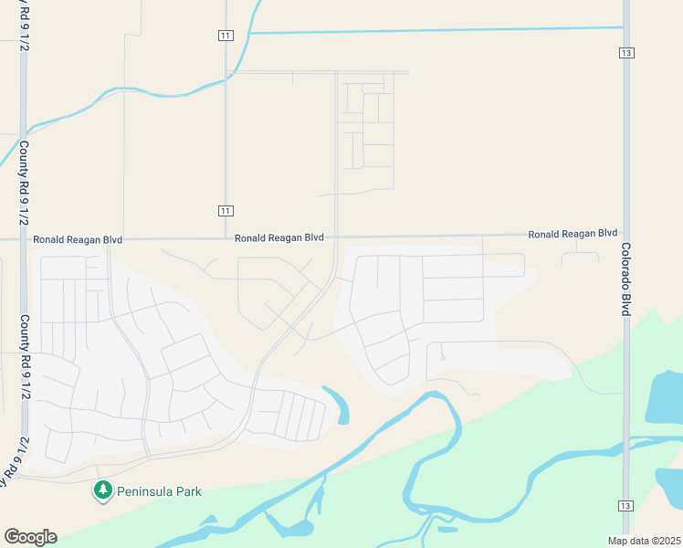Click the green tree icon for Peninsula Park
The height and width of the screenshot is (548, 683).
(x=102, y=490)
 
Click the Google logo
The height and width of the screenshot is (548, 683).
(x=30, y=537)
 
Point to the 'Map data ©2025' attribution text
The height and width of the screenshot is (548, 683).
(x=644, y=541)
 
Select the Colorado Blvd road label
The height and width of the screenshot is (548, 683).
(x=626, y=279)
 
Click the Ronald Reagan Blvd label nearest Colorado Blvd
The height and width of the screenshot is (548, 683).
(x=573, y=234)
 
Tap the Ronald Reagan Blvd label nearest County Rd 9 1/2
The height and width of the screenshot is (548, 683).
(x=78, y=239)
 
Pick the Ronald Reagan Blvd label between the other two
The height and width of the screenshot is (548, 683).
(x=278, y=237)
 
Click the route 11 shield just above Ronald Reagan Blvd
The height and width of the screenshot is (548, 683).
(x=226, y=211)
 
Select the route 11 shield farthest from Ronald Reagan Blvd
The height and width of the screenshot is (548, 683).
(x=226, y=35)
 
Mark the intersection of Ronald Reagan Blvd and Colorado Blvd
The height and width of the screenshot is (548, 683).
(x=626, y=234)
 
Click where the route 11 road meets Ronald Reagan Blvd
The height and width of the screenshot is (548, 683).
(x=226, y=238)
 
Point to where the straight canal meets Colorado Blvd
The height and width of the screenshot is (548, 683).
(x=626, y=28)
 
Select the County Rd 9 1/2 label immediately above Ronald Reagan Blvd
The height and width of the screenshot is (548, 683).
(x=24, y=183)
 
